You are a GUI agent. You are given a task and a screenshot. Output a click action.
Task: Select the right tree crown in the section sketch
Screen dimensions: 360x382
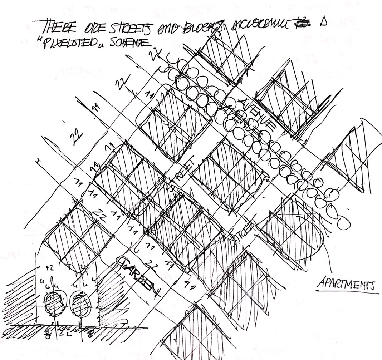coord(78,303)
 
